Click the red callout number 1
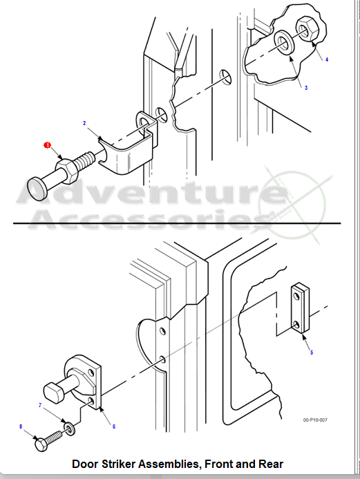point(47,145)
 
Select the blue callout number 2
point(84,123)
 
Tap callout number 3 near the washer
point(306,88)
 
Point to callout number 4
point(327,59)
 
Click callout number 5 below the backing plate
point(312,353)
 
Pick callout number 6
point(114,426)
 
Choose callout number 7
point(40,405)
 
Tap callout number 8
point(21,426)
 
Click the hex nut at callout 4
point(307,29)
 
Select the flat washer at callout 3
point(284,42)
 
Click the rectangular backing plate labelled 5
point(300,308)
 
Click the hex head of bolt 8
point(41,444)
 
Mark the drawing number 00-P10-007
point(315,420)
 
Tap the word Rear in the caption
point(271,464)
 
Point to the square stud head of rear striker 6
point(55,393)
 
